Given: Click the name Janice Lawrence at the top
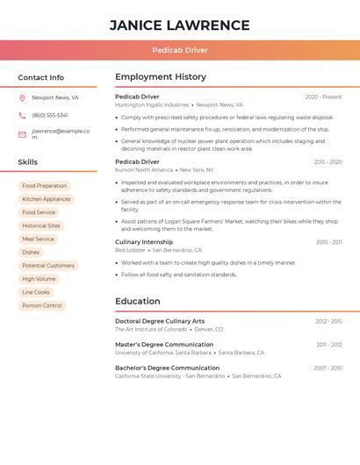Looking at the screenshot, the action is coord(179,25).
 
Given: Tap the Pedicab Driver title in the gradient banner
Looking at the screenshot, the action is coord(179,50).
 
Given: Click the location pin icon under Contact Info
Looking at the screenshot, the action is coord(22,97).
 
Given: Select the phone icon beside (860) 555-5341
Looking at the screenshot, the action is coord(22,115).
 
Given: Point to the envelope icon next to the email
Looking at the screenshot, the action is coord(22,134).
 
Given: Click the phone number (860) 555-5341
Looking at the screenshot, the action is coord(50,115).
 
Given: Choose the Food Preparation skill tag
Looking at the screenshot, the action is coord(45,186).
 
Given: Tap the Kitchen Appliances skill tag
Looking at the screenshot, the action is coord(47,199).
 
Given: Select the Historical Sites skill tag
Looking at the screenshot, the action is coord(41,225).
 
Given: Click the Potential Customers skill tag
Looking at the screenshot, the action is coord(48,266).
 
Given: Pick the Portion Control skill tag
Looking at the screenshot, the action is coord(42,305).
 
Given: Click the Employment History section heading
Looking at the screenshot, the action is coord(161,77).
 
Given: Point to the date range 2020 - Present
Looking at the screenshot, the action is coord(323,97).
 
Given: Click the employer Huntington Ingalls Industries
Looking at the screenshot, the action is coord(152,104).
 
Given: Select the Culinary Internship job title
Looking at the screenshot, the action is coord(144,241).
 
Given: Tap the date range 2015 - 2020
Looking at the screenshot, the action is coord(328,161).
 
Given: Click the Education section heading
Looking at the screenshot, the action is coord(138,301).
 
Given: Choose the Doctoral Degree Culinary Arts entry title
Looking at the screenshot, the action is coord(160,321).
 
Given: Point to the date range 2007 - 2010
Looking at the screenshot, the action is coord(328,368).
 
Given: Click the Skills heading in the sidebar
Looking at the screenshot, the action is coord(28,162).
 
